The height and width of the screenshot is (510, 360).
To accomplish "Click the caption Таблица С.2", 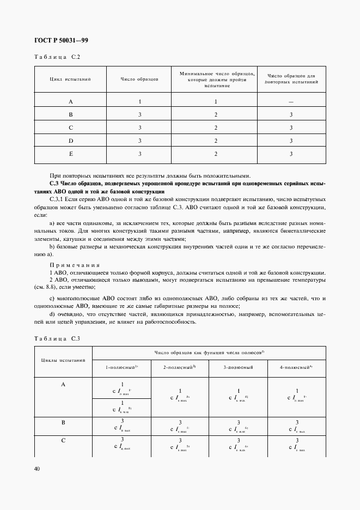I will (x=57, y=57).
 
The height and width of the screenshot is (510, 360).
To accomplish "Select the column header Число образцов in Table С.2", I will (x=139, y=79).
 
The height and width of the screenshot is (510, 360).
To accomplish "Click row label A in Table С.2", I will (x=70, y=102).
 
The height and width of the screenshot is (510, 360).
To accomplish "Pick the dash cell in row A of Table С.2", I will (x=291, y=102).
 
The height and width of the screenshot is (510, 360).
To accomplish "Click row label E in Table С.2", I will (x=70, y=154).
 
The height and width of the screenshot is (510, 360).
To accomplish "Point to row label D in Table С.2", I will (x=70, y=141).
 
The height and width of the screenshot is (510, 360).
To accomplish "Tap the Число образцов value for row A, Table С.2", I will (x=140, y=102).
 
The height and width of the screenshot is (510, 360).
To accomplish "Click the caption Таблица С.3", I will (x=57, y=339).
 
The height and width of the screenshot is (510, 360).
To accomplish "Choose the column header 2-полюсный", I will (x=179, y=368).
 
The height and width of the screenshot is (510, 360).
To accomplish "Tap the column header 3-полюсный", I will (x=239, y=368).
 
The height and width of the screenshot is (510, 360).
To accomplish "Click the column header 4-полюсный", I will (x=296, y=368).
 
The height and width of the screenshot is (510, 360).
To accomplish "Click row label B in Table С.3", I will (x=63, y=422).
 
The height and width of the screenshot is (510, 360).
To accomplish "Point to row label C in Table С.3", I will (x=63, y=440).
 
